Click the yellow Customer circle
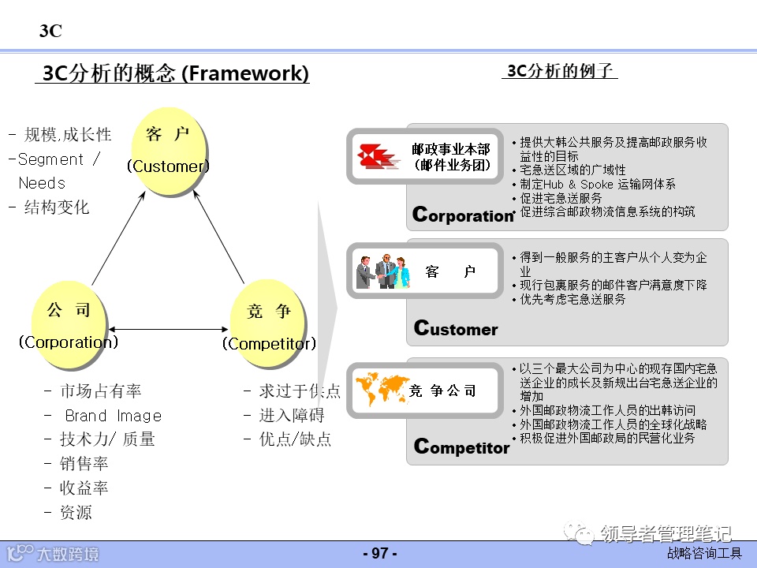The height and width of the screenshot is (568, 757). click(169, 151)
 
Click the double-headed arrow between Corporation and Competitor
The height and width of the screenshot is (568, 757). click(169, 329)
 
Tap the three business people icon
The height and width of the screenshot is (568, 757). click(382, 271)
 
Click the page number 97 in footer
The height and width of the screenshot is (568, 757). click(379, 553)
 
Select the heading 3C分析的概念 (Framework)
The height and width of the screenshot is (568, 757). click(175, 73)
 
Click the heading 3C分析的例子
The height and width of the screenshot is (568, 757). click(559, 71)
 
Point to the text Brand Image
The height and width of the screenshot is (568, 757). click(113, 416)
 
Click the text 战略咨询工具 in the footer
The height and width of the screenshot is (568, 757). click(704, 554)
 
